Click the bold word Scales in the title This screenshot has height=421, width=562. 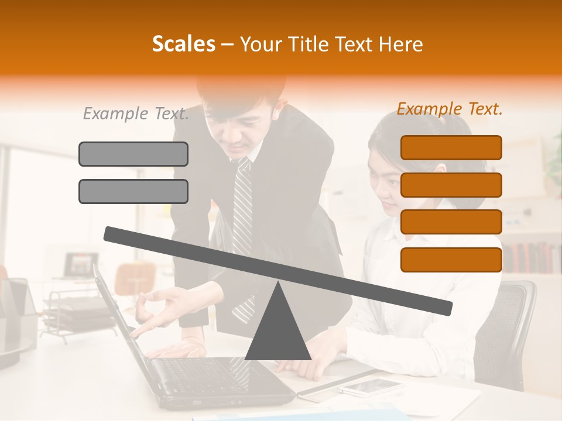183,44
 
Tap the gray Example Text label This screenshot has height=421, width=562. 136,113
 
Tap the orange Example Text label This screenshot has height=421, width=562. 450,109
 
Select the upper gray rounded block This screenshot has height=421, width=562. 133,154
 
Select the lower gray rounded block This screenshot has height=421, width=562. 133,191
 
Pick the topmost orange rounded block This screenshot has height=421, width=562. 451,147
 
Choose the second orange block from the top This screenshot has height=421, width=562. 451,185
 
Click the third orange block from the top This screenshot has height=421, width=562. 451,222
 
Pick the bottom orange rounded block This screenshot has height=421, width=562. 451,260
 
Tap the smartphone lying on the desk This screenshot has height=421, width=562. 370,386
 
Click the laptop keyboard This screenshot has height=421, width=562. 199,374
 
